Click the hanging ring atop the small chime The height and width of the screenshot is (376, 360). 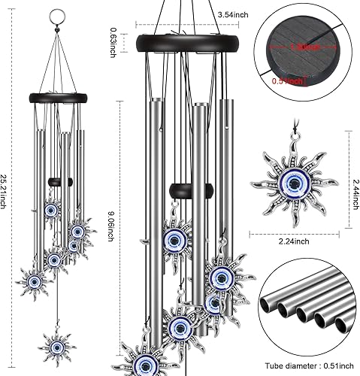tap(60, 15)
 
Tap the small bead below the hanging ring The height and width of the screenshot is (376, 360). tap(60, 29)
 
